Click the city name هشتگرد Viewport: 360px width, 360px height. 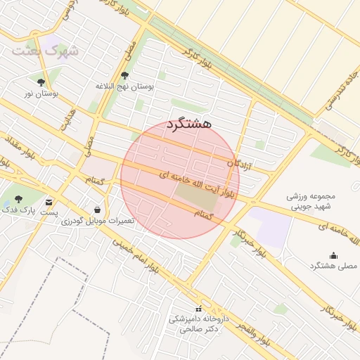point(189,124)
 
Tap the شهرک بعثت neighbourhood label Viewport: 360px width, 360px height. point(46,51)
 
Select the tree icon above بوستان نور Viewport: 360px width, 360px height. point(50,82)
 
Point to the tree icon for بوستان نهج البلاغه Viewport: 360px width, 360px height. point(125,75)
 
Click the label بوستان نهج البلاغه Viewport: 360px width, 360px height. point(124,86)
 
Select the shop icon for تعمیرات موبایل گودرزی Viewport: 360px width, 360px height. point(96,210)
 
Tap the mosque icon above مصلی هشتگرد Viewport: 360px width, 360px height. point(333,255)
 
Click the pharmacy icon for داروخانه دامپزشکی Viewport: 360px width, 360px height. point(199,309)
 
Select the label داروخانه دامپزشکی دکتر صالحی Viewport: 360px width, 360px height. point(199,323)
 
